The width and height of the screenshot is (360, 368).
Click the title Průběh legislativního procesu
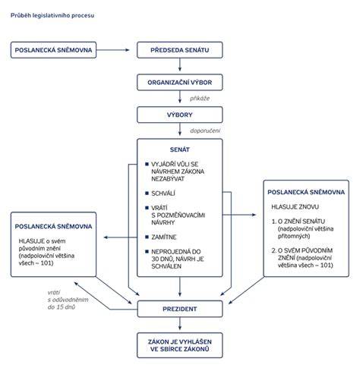[x=52, y=15]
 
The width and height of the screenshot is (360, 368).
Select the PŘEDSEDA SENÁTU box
[x=180, y=50]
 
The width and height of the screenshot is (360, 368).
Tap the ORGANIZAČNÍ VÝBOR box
[x=180, y=83]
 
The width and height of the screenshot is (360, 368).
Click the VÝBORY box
[x=180, y=115]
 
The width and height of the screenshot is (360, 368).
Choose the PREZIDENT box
[x=180, y=309]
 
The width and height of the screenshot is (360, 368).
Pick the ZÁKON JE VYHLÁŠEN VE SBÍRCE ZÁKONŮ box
[x=180, y=345]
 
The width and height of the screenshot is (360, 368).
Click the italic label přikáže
[x=200, y=99]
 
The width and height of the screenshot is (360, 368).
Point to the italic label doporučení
[x=205, y=131]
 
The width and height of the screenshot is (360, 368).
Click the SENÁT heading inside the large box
[x=180, y=149]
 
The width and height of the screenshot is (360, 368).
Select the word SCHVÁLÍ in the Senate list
[x=163, y=193]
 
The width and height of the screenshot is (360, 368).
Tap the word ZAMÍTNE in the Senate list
[x=164, y=237]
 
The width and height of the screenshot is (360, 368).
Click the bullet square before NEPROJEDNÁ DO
[x=147, y=252]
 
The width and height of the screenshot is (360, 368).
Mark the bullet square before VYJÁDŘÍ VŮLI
[x=147, y=164]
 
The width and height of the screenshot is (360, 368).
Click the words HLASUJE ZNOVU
[x=295, y=207]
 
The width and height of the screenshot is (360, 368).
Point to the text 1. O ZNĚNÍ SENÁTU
[x=298, y=222]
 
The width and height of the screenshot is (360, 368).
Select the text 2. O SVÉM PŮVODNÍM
[x=302, y=250]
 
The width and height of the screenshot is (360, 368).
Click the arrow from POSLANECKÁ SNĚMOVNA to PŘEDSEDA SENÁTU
[x=113, y=50]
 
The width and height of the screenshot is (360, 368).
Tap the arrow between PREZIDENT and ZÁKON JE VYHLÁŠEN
[x=180, y=324]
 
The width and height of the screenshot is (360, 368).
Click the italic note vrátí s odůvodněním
[x=68, y=296]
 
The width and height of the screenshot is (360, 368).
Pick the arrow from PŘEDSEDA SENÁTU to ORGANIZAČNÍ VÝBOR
[x=180, y=64]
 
